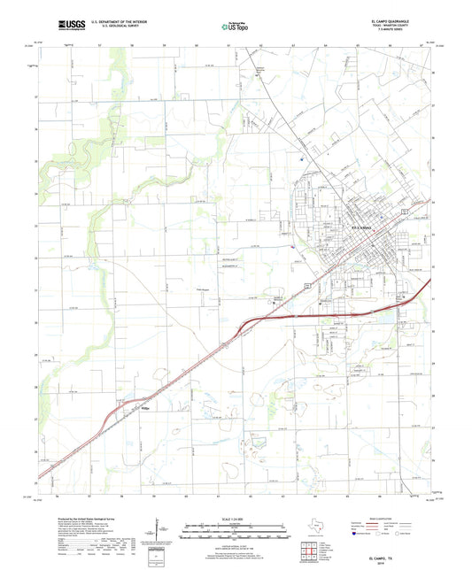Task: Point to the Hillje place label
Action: pyautogui.click(x=147, y=409)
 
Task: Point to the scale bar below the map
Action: pyautogui.click(x=236, y=529)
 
